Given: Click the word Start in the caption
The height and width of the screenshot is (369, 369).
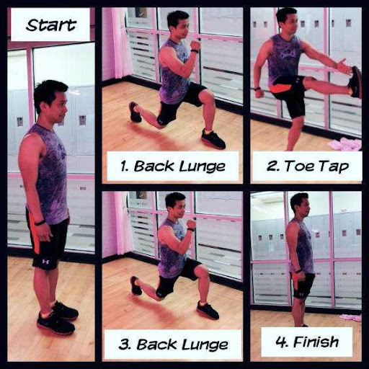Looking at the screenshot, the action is coord(51,25).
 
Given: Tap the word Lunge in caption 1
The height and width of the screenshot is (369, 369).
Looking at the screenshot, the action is coord(203,167).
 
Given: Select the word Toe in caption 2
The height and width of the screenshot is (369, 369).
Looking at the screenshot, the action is coord(299,166).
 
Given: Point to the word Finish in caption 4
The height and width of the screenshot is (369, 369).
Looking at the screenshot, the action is coord(316,342).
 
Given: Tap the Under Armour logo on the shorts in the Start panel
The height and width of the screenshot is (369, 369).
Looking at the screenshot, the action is coord(45,261).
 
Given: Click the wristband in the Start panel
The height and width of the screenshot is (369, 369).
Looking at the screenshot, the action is coord(40,223).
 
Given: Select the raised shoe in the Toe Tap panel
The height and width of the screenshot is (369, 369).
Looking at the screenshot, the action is coord(355,82).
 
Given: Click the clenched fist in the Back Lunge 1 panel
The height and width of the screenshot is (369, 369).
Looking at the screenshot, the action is coord(195,45).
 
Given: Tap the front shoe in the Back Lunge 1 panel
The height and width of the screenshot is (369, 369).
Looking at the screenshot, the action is coord(213,138).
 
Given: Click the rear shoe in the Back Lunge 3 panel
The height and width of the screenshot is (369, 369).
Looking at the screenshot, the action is coord(136,285).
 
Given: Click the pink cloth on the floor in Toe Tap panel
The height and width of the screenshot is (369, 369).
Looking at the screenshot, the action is coord(344,144).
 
